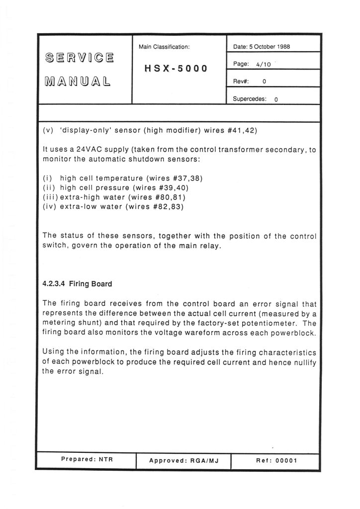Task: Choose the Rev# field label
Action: [x=241, y=82]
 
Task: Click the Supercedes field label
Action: [x=249, y=99]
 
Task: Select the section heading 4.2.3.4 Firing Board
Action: [x=77, y=284]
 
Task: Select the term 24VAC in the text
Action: [x=88, y=150]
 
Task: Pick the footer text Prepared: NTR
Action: [x=87, y=460]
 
